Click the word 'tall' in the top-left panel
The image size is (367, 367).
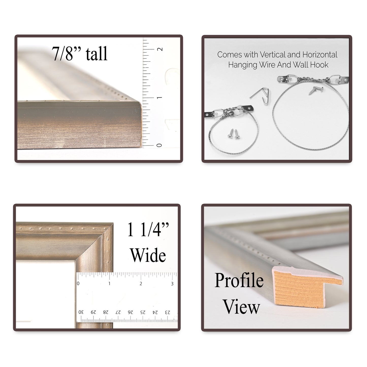[97, 54]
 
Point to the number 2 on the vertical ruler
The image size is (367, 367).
[160, 49]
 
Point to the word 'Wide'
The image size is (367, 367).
[148, 256]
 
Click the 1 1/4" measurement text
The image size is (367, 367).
[148, 230]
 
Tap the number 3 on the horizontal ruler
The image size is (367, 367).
[172, 284]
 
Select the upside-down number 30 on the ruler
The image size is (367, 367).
[81, 312]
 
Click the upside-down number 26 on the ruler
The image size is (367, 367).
[131, 312]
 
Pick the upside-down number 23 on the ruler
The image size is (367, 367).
[167, 312]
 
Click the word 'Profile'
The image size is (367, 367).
[239, 281]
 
